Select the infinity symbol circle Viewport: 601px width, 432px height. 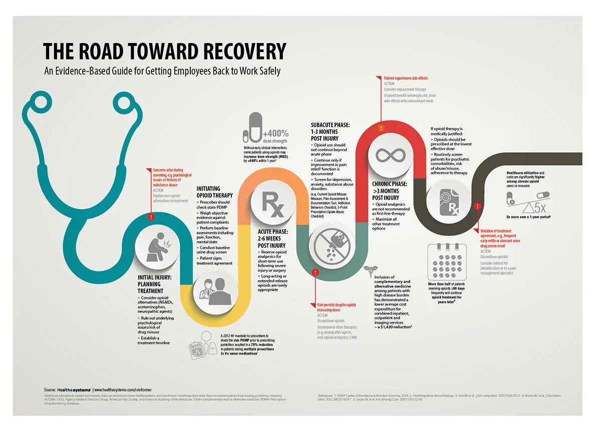(391, 155)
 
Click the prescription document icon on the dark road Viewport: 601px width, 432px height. (447, 204)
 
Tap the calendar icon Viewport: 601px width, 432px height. (447, 261)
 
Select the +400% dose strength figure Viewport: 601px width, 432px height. (275, 134)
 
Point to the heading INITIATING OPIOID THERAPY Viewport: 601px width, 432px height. (214, 192)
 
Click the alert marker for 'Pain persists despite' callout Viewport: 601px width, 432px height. (315, 272)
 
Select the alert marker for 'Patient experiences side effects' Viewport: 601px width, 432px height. (381, 128)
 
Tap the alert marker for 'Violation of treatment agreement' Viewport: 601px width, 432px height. (478, 206)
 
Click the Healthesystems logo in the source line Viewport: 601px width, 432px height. (74, 389)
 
